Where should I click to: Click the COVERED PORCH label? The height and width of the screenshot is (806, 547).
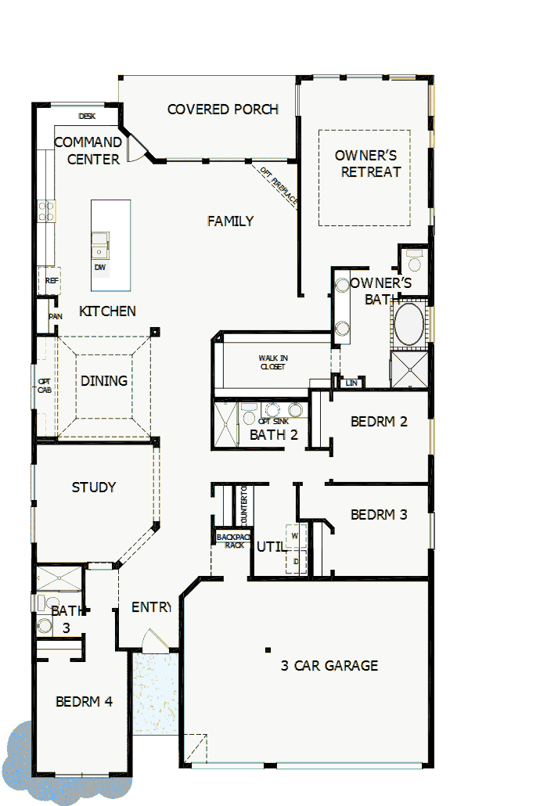point(223,110)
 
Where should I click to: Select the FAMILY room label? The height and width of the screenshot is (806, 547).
point(230,221)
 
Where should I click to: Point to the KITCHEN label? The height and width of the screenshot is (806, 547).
point(107,311)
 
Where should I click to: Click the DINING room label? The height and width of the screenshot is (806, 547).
point(104,381)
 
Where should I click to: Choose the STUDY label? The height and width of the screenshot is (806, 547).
point(94,488)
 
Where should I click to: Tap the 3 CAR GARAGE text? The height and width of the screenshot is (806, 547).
point(329,666)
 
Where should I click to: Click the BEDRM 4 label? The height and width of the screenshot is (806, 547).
point(84,702)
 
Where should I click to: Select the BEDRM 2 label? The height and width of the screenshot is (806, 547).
point(379,422)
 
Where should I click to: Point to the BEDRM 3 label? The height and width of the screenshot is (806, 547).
point(379,515)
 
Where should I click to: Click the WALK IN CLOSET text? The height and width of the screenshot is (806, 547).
point(272,362)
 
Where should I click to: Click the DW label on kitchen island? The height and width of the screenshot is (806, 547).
point(100,268)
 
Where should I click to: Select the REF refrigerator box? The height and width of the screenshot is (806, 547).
point(51,280)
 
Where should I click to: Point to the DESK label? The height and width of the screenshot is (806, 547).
point(87,117)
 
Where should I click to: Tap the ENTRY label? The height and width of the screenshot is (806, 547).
point(150,607)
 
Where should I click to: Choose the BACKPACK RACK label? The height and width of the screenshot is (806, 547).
point(231,541)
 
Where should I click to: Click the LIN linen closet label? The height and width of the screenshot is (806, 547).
point(351,383)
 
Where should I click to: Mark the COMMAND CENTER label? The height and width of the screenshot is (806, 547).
point(88,151)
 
